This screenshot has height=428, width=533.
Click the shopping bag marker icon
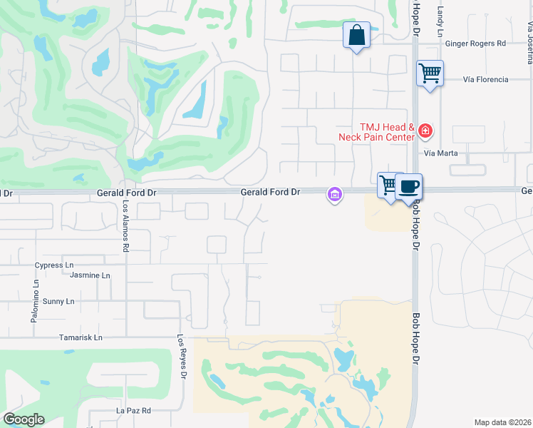[x=356, y=35]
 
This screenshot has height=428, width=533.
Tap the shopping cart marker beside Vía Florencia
[x=430, y=73]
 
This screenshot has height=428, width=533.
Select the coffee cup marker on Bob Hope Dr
[x=408, y=186]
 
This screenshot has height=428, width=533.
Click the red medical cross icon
[x=425, y=131]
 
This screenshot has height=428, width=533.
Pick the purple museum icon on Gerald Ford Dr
[x=333, y=193]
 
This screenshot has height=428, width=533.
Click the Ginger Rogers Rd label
[x=475, y=44]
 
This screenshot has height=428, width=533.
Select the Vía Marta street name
[x=440, y=153]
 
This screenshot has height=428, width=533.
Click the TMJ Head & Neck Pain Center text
[x=378, y=131]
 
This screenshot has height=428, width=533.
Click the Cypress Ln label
[x=54, y=265]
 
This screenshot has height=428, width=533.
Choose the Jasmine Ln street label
[x=90, y=275]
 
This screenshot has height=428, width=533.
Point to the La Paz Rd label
[x=133, y=411]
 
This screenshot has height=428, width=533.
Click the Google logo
[x=24, y=419]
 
